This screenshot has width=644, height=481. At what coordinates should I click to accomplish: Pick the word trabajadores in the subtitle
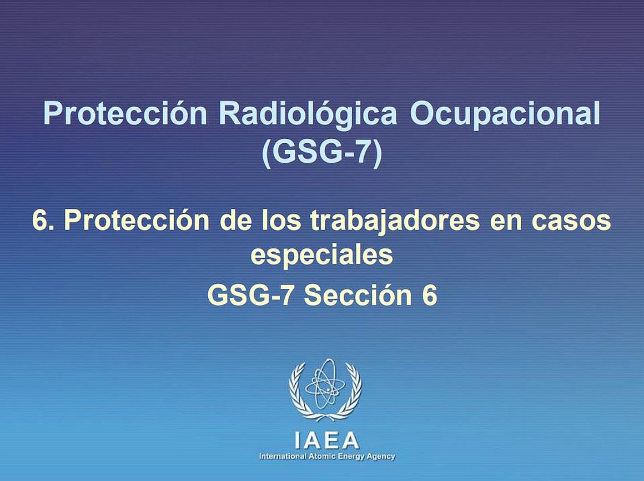[395, 222]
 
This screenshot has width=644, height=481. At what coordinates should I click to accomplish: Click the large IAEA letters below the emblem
[327, 440]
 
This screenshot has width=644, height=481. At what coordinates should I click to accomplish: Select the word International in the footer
[283, 457]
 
